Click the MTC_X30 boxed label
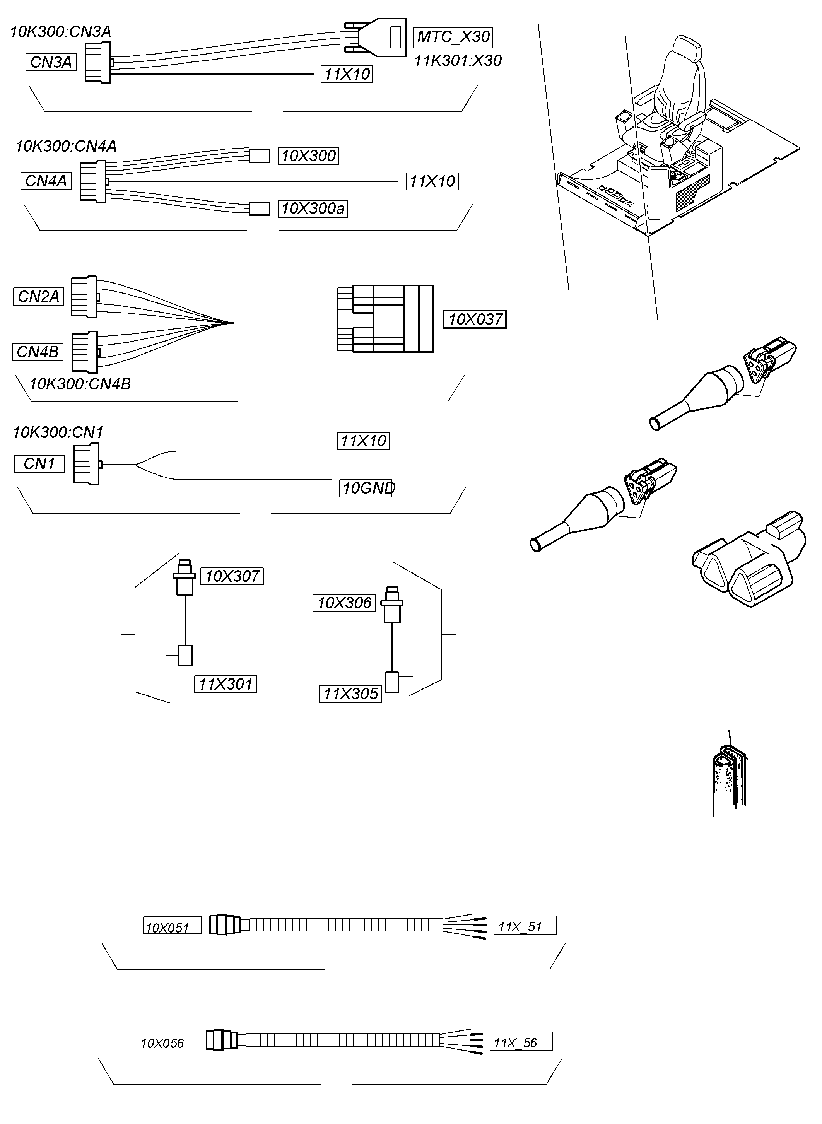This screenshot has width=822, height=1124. (453, 37)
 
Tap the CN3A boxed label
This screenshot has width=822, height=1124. (51, 62)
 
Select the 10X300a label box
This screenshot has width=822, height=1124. (313, 208)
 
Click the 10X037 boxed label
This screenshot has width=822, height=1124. (475, 319)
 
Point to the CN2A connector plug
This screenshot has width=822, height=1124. (84, 297)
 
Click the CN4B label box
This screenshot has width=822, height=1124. (38, 352)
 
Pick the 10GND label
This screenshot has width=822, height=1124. (366, 488)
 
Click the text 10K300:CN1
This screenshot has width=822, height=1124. (58, 432)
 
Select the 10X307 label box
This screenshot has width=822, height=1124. (232, 576)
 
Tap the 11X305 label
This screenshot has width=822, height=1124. (350, 694)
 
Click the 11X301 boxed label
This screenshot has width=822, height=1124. (226, 684)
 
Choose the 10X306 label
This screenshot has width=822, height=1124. (344, 603)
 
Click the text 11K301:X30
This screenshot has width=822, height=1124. (458, 61)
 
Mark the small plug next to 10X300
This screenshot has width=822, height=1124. (259, 156)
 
